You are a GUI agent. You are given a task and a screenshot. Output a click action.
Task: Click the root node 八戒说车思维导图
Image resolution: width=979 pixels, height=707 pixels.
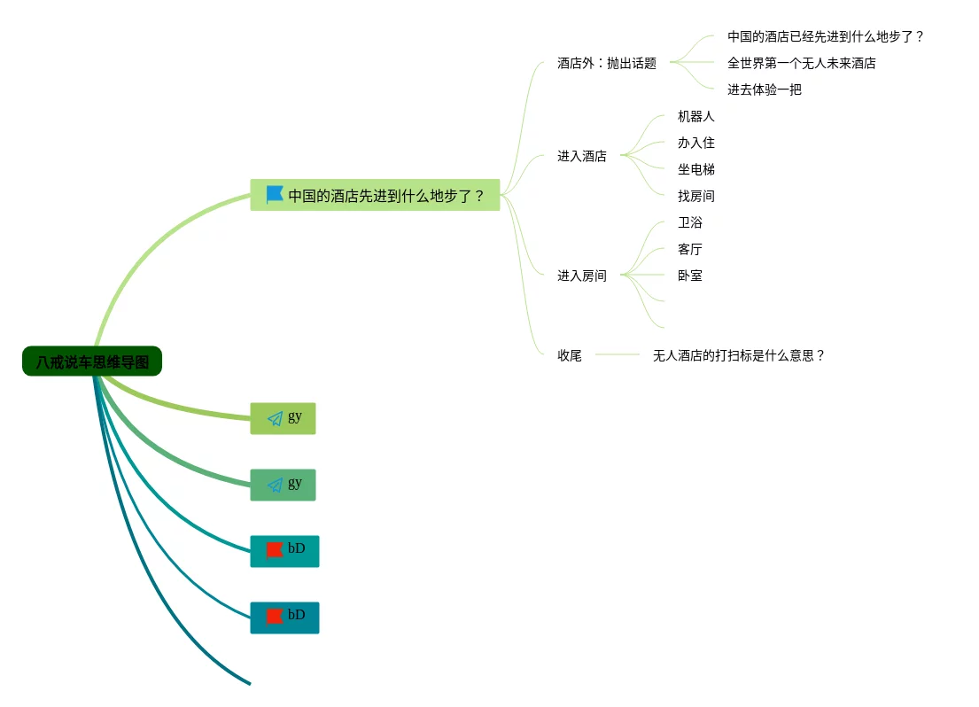click(92, 361)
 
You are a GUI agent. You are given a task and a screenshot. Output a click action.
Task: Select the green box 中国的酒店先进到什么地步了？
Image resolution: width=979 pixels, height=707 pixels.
click(375, 195)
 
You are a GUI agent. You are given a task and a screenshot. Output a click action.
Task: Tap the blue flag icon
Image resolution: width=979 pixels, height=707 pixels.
click(275, 195)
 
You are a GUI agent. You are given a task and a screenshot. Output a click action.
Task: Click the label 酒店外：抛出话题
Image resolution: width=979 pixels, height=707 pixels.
click(607, 63)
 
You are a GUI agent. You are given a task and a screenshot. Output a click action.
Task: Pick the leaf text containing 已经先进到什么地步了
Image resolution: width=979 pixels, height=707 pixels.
click(826, 36)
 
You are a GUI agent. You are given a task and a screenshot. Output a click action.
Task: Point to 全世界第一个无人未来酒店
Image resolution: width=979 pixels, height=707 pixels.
click(801, 63)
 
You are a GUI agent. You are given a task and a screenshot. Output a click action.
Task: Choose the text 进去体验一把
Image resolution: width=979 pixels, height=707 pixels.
click(764, 89)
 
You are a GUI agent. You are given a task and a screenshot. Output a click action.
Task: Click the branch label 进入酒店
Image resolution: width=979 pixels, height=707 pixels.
click(581, 156)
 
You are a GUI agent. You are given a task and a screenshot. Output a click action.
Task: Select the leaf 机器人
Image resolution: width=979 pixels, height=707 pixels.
click(695, 116)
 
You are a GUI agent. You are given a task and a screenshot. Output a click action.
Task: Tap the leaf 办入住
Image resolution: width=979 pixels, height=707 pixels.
click(695, 143)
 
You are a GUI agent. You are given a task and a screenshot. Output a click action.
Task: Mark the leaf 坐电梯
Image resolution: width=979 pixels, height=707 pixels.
click(695, 169)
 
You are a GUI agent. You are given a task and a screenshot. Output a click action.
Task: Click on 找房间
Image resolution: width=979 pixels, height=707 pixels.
click(695, 196)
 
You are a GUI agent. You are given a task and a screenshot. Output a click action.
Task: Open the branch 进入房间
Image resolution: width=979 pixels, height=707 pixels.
click(581, 276)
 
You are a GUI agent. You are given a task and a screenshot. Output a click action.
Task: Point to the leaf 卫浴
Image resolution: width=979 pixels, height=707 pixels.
click(689, 222)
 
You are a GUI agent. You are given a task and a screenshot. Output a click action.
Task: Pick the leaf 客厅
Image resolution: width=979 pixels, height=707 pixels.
click(689, 249)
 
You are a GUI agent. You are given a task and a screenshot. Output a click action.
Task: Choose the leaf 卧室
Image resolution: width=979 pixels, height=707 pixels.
click(689, 276)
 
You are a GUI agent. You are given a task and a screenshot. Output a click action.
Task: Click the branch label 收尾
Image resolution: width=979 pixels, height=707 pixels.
click(569, 355)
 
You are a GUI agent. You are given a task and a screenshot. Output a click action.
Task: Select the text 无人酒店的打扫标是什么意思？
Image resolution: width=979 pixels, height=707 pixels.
click(739, 355)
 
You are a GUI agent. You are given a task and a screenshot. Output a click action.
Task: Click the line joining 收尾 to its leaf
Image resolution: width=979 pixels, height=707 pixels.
click(617, 354)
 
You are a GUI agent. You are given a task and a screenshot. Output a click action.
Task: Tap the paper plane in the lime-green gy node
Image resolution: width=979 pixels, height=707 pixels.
click(276, 418)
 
